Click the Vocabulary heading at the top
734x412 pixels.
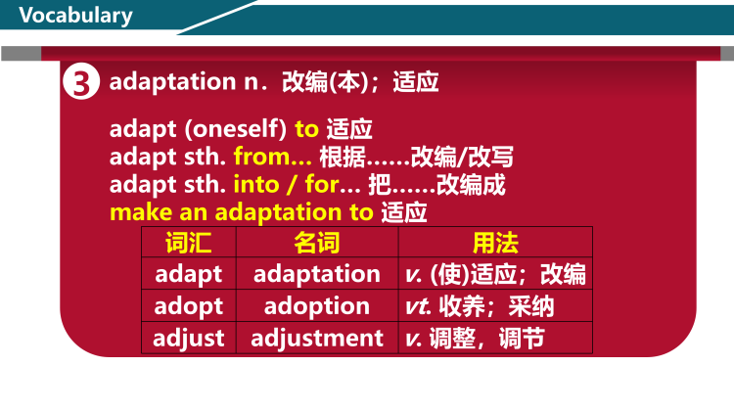[75, 16]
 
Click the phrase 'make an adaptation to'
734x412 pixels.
[241, 211]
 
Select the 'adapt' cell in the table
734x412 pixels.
[188, 274]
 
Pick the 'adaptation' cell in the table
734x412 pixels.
[316, 274]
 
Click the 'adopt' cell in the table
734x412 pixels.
[188, 306]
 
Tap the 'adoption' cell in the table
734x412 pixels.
[316, 306]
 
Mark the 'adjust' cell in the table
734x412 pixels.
[188, 339]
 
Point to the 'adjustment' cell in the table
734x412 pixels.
[316, 339]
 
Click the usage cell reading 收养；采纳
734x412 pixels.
[496, 306]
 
